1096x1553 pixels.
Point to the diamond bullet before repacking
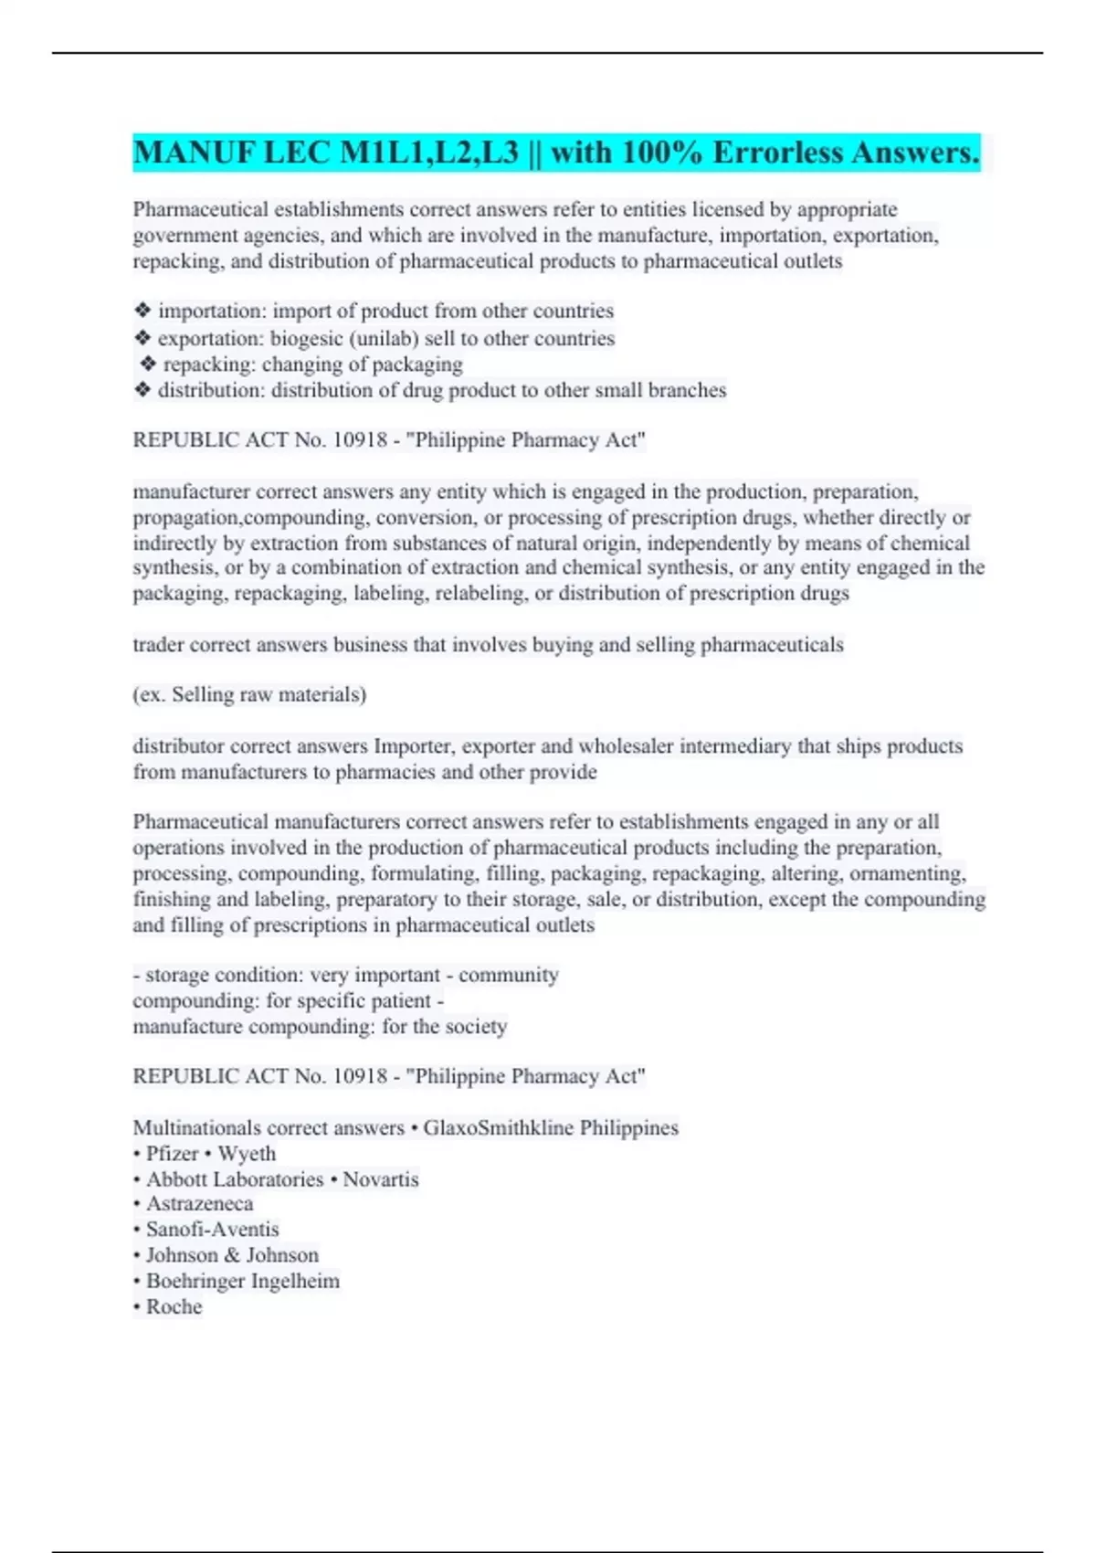148,364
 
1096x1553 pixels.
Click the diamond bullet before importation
142,312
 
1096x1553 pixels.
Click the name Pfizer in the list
172,1154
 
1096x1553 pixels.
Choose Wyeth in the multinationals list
247,1154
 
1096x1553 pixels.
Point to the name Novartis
381,1179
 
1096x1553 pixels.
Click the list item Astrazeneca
199,1204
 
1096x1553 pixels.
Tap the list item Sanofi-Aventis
212,1230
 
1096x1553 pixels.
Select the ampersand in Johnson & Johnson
231,1255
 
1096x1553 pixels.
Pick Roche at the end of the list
174,1306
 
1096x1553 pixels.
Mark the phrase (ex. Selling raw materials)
249,695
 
